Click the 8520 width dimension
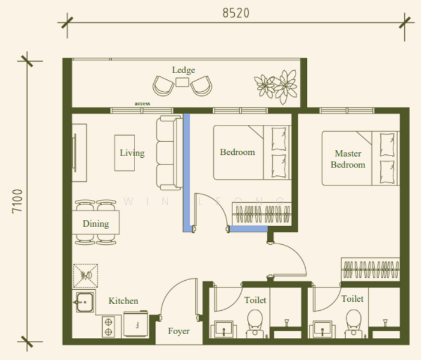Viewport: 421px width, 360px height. pyautogui.click(x=235, y=13)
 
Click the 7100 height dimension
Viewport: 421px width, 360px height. pyautogui.click(x=16, y=201)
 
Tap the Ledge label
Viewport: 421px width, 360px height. pyautogui.click(x=183, y=70)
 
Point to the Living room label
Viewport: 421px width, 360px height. pyautogui.click(x=132, y=153)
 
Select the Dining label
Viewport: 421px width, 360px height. pyautogui.click(x=95, y=224)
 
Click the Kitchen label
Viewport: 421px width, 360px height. pyautogui.click(x=123, y=301)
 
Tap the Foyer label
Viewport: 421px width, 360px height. pyautogui.click(x=178, y=331)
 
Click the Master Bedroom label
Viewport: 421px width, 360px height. pyautogui.click(x=348, y=159)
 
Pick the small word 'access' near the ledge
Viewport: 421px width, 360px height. pyautogui.click(x=142, y=104)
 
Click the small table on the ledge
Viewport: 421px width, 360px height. pyautogui.click(x=183, y=84)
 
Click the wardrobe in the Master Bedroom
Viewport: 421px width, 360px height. pyautogui.click(x=371, y=269)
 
